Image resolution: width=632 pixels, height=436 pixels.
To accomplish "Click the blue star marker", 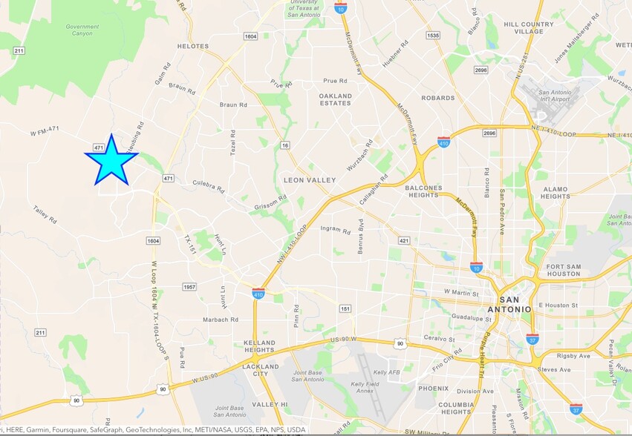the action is click(111, 161).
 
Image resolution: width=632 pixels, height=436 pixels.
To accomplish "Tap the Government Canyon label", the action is click(82, 30).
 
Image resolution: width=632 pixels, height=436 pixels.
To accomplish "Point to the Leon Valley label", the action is click(310, 179).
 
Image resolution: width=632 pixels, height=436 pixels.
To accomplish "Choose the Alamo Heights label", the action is click(556, 193).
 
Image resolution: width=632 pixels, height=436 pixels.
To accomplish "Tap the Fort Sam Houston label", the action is click(562, 270).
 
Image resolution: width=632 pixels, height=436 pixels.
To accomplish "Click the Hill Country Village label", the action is click(529, 28).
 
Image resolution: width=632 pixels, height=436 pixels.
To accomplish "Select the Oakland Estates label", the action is click(335, 99).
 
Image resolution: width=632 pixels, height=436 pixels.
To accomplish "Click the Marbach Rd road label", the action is click(220, 320).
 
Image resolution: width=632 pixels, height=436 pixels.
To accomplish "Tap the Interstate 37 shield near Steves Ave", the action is click(532, 339).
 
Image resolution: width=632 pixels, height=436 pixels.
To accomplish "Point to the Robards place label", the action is click(437, 98).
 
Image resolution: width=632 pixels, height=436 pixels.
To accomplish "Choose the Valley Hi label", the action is click(264, 404).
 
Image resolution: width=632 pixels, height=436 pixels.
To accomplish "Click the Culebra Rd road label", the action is click(208, 181).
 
